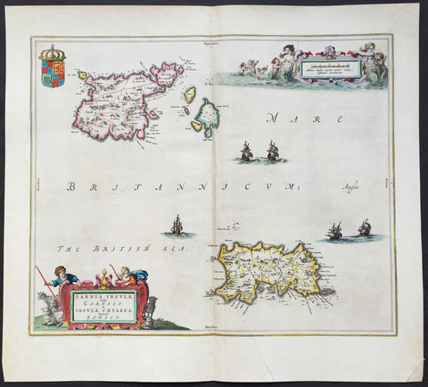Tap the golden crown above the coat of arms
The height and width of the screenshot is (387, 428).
pyautogui.click(x=52, y=53)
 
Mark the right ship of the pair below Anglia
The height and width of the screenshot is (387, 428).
pyautogui.click(x=363, y=227)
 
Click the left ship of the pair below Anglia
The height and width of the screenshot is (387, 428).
pyautogui.click(x=335, y=230)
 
